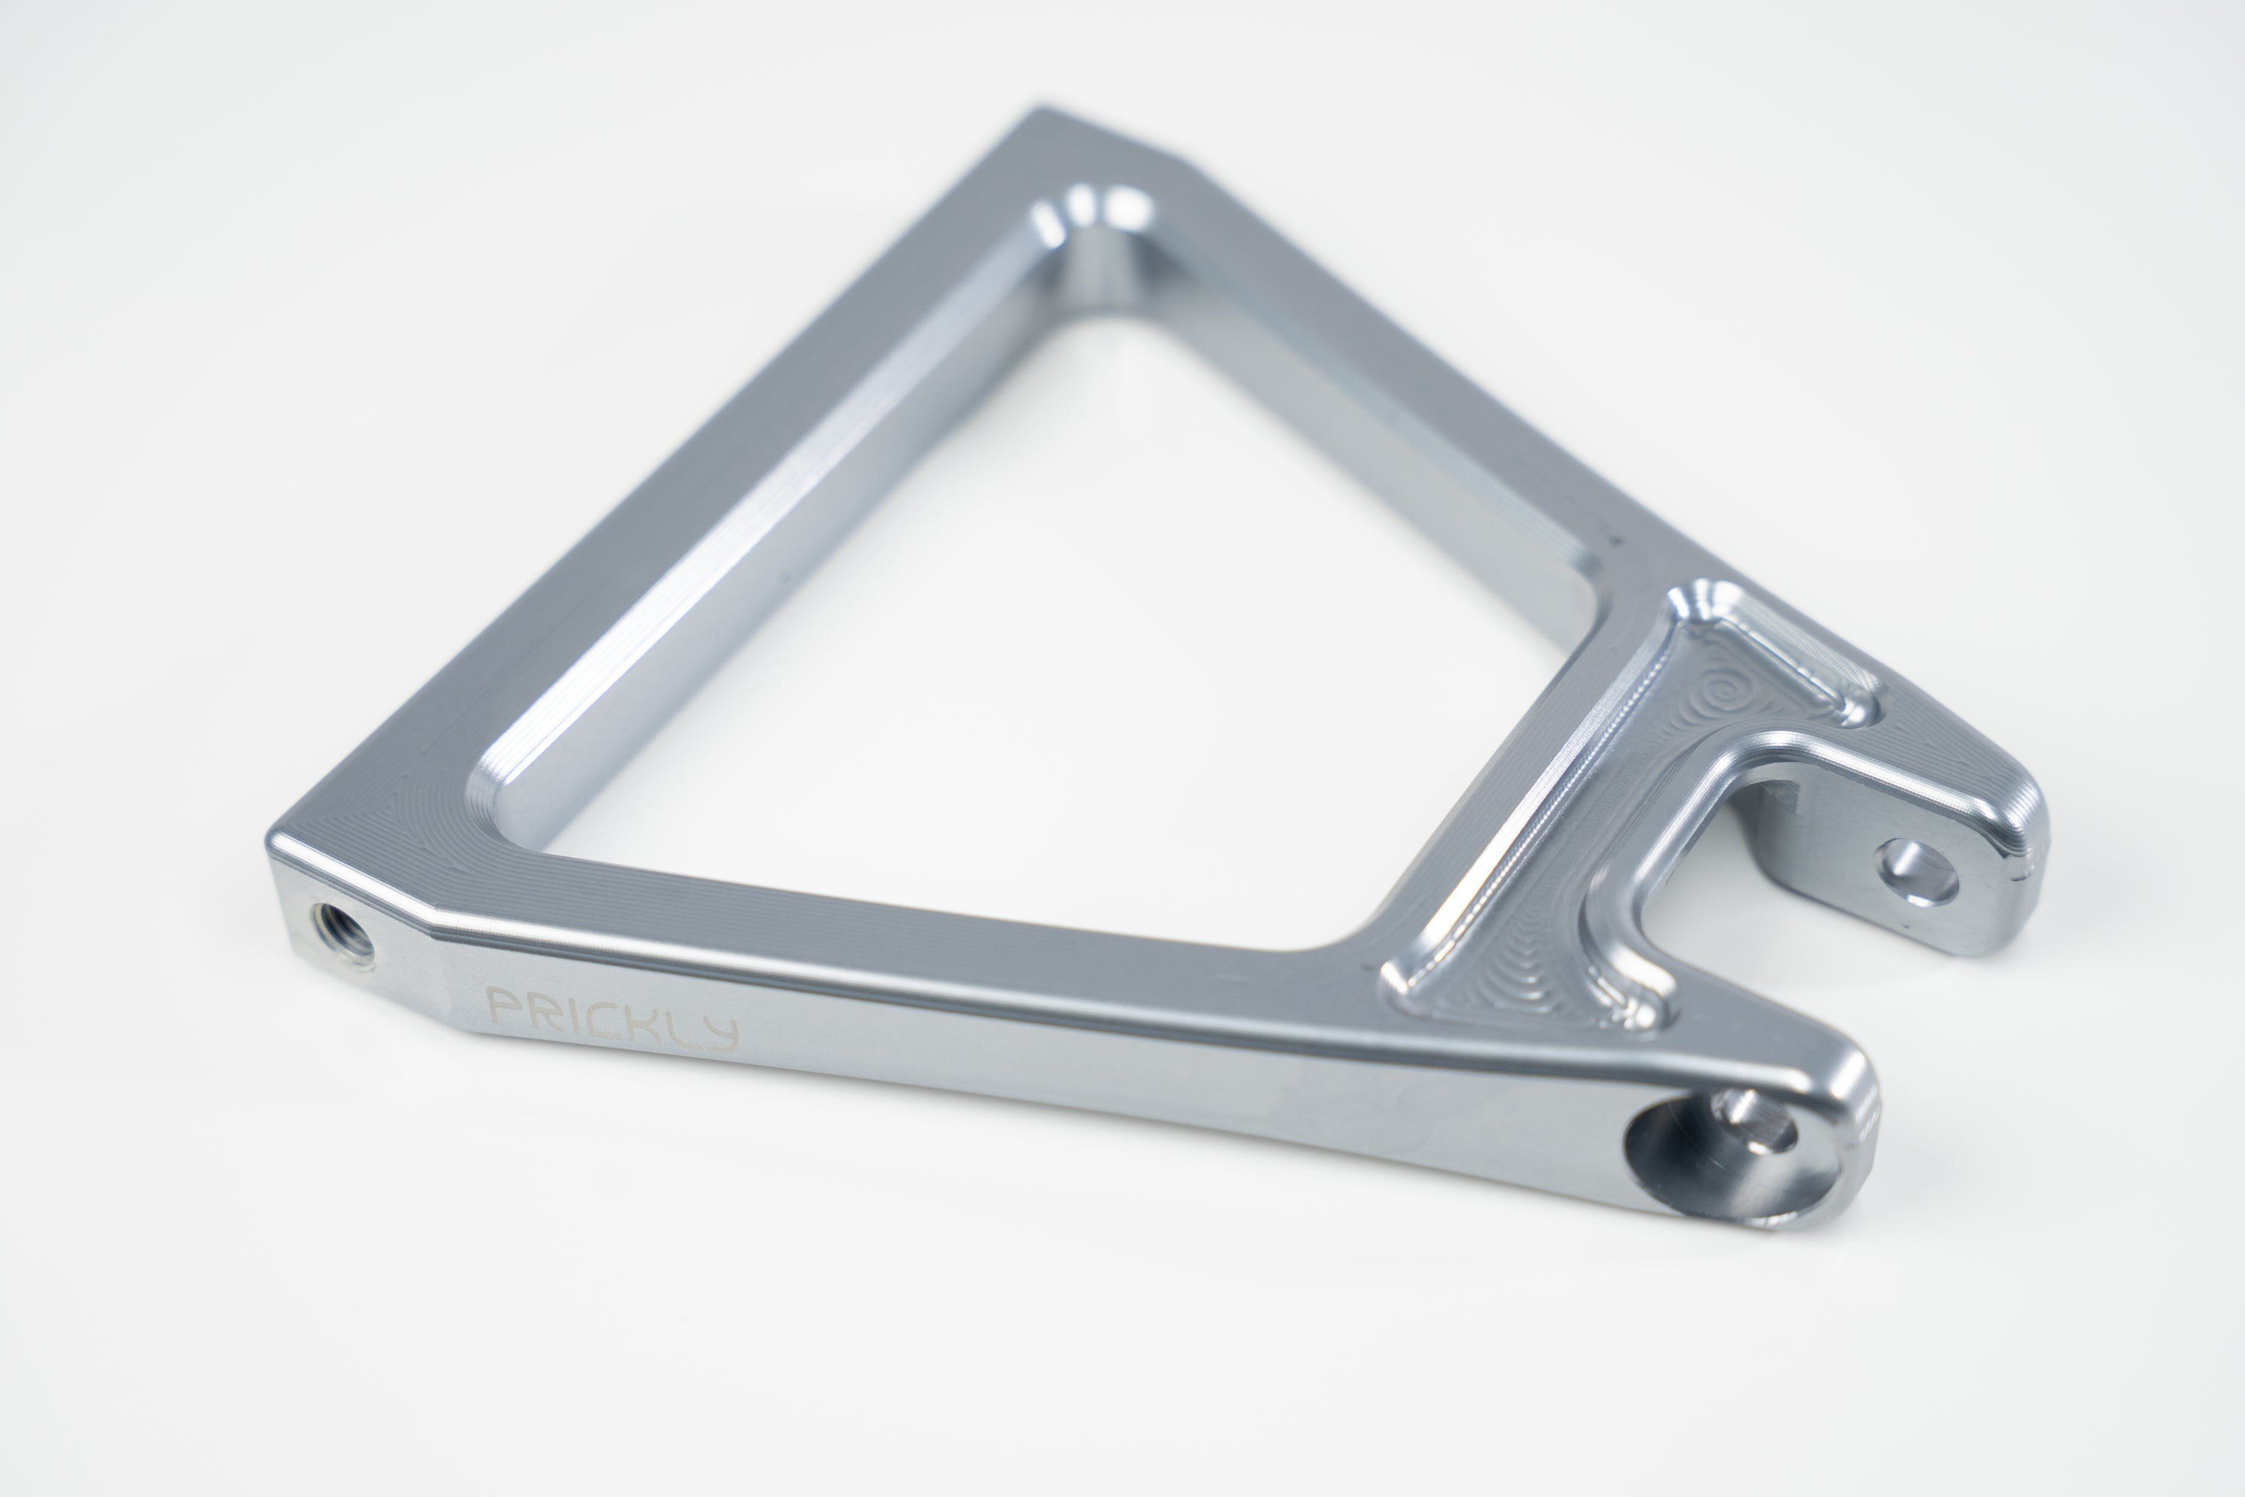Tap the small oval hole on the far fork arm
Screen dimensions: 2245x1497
1917,870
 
